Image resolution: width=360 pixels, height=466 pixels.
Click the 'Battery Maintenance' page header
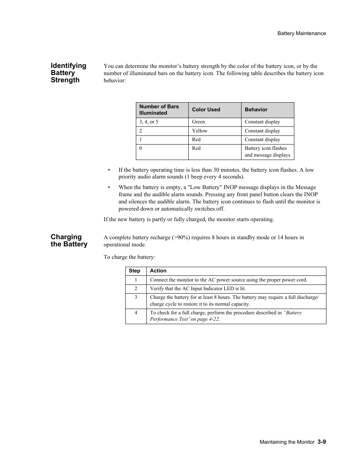(302, 33)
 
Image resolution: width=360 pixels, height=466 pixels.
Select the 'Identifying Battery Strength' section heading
(68, 73)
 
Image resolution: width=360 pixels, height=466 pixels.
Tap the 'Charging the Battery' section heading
(69, 240)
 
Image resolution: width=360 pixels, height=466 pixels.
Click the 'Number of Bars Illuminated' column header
(159, 109)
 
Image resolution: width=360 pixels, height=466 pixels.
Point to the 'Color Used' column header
(206, 109)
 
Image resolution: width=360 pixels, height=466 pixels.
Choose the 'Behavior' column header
(256, 109)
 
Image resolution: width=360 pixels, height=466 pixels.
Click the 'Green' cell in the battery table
(198, 122)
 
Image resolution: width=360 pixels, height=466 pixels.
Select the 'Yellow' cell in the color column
(200, 131)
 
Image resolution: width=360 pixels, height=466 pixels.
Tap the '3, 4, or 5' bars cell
(149, 122)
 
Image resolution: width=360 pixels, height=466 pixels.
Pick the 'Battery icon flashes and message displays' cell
(267, 152)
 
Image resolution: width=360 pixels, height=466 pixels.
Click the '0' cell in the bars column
(141, 148)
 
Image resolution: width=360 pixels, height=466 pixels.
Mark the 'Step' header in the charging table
(134, 271)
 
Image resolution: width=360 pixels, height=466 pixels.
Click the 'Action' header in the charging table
(158, 271)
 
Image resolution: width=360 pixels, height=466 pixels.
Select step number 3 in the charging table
(136, 297)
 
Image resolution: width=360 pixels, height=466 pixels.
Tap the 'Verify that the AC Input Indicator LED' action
(198, 289)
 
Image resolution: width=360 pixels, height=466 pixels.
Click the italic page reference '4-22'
(214, 319)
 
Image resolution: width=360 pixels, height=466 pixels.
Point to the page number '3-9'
(322, 442)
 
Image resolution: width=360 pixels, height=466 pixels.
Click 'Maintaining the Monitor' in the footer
(287, 442)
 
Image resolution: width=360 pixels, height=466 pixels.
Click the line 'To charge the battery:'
(129, 257)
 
